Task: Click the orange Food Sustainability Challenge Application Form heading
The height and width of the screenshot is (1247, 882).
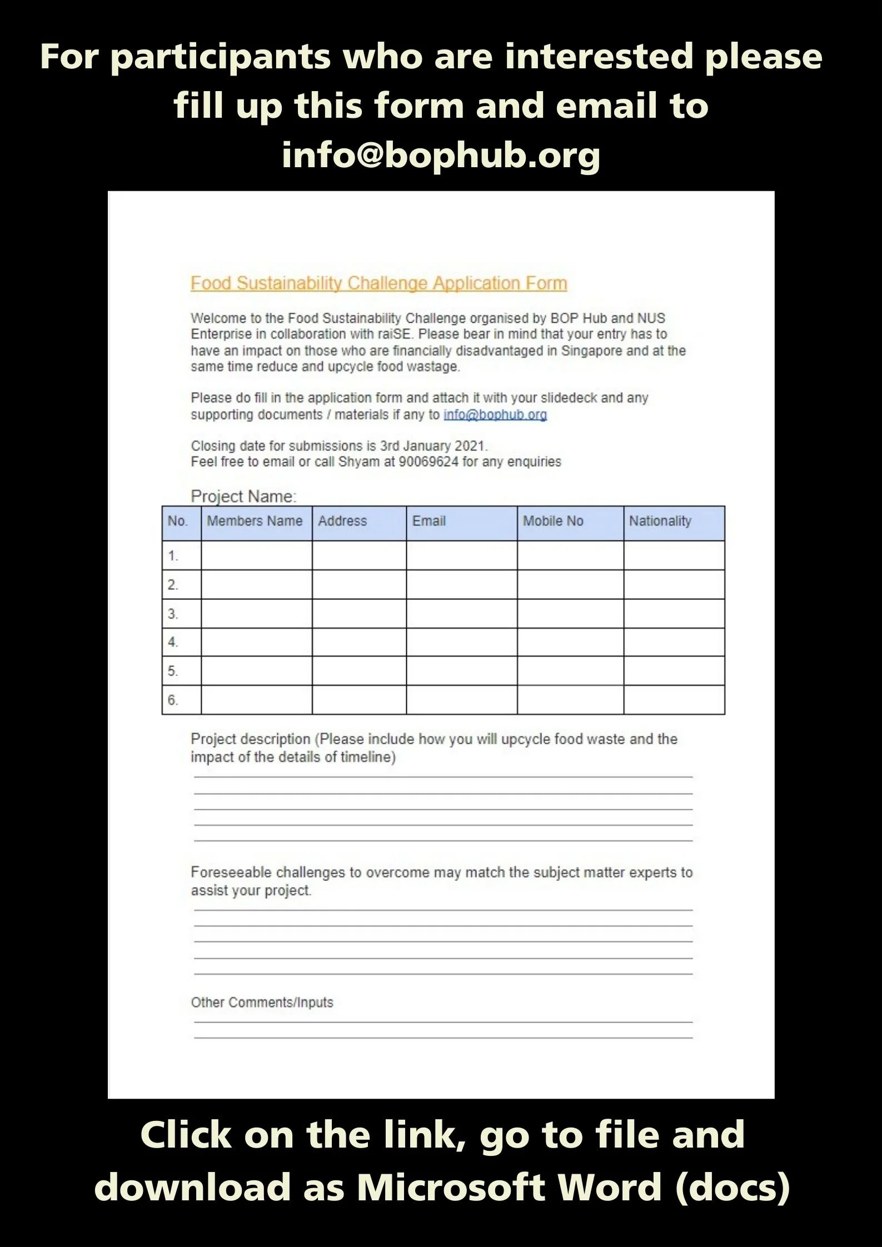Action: (378, 283)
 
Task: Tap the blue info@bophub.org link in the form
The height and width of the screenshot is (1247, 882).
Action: (495, 414)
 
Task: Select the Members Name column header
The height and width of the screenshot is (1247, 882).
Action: (255, 521)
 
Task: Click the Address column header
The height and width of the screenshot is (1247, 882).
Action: (342, 521)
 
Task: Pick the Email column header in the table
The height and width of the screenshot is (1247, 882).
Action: (428, 521)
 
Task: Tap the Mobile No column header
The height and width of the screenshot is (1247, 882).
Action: (553, 521)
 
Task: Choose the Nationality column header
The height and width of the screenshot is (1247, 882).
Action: (660, 521)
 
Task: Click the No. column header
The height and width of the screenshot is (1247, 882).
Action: (177, 521)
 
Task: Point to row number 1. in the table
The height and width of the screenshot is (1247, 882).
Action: (173, 555)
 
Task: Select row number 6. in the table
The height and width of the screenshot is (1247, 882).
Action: (173, 700)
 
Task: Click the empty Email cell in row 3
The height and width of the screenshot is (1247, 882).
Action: (461, 613)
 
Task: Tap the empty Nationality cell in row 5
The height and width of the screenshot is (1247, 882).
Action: (674, 670)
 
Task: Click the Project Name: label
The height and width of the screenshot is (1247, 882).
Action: (243, 496)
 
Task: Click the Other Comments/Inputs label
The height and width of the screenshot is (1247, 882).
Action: (262, 1002)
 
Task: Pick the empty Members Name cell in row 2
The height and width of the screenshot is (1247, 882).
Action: (256, 584)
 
